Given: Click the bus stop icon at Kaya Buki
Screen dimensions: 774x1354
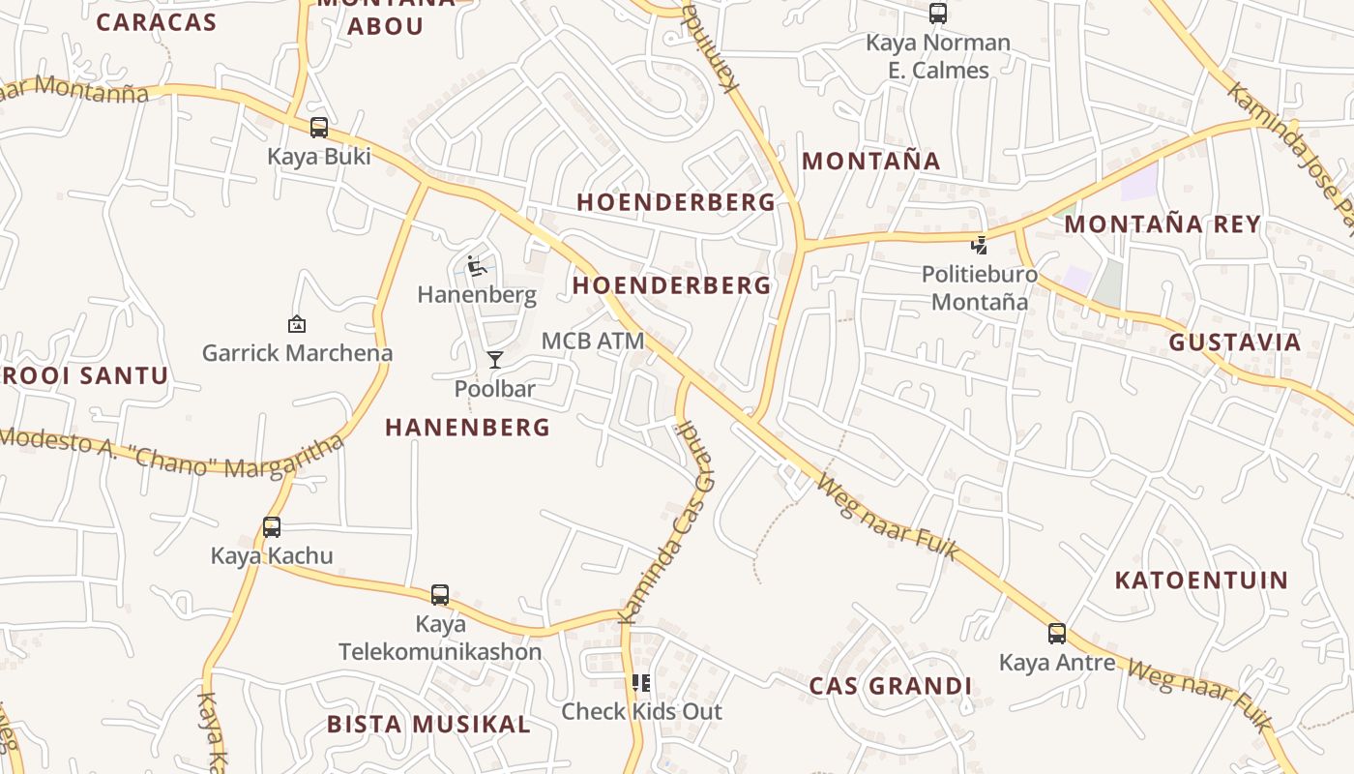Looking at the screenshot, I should pyautogui.click(x=319, y=128).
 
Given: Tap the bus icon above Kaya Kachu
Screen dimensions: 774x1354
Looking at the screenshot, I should pyautogui.click(x=272, y=527).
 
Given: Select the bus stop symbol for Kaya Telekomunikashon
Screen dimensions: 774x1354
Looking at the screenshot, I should pyautogui.click(x=440, y=595).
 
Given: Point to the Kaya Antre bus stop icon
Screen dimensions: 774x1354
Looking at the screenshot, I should pyautogui.click(x=1057, y=634).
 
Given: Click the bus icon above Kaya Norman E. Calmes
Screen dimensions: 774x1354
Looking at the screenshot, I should pyautogui.click(x=938, y=14).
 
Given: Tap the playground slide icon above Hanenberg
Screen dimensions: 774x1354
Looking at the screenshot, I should pyautogui.click(x=476, y=266).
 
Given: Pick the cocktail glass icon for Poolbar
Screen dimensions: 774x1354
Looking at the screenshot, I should pyautogui.click(x=495, y=360).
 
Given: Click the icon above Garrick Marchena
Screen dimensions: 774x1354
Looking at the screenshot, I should pyautogui.click(x=297, y=324).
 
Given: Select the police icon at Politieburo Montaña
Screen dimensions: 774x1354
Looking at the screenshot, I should pyautogui.click(x=980, y=245).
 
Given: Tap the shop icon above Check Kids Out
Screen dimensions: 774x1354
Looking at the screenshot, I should pyautogui.click(x=641, y=683).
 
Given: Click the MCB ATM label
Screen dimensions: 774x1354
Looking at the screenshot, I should pyautogui.click(x=593, y=341).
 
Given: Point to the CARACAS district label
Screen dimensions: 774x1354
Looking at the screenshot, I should pyautogui.click(x=156, y=23).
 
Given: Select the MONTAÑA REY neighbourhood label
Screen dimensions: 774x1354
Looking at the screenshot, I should pyautogui.click(x=1163, y=224).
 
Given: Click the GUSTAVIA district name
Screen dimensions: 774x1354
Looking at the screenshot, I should pyautogui.click(x=1235, y=342).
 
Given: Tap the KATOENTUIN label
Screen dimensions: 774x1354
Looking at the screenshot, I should pyautogui.click(x=1201, y=580).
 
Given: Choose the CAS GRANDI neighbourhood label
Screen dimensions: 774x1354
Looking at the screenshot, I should pyautogui.click(x=890, y=687).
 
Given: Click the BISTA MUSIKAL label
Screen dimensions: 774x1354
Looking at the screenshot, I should pyautogui.click(x=428, y=725).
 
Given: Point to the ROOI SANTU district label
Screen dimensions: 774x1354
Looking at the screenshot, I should pyautogui.click(x=85, y=375).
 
